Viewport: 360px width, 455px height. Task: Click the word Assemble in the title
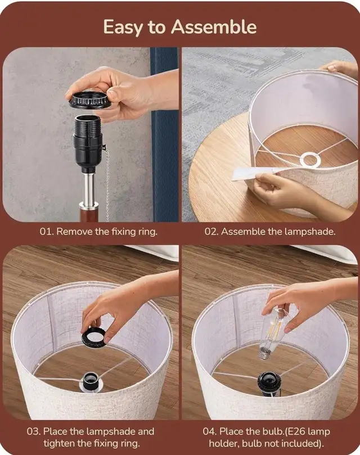[x=214, y=27]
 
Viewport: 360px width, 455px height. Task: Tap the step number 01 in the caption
[x=46, y=232]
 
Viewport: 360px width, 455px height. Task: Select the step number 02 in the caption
[x=211, y=232]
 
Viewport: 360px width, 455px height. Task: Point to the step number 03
[x=34, y=431]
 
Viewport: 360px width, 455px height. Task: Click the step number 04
[x=210, y=431]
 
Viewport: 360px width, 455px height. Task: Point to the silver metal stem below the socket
[x=88, y=190]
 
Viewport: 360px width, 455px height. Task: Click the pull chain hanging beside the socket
[x=105, y=180]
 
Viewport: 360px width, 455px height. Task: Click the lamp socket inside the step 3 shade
[x=91, y=381]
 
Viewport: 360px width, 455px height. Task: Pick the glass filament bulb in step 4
[x=273, y=334]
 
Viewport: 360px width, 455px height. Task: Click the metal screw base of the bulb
[x=265, y=354]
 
